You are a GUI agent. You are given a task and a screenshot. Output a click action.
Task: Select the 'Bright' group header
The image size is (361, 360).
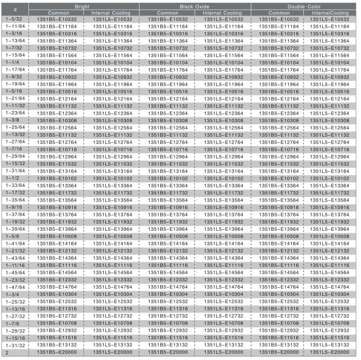pos(83,6)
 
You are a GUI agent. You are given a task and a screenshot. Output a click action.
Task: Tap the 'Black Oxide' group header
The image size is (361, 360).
pos(195,6)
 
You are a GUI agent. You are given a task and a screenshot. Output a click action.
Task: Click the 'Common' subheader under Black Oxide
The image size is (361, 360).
pos(167,12)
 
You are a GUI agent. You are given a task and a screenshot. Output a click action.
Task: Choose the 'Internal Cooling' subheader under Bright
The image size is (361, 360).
pos(111,12)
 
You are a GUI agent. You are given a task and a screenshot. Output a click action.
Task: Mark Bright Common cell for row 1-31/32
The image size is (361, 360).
pos(56,345)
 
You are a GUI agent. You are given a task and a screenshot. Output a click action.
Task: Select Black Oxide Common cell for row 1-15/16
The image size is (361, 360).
pos(167,338)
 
